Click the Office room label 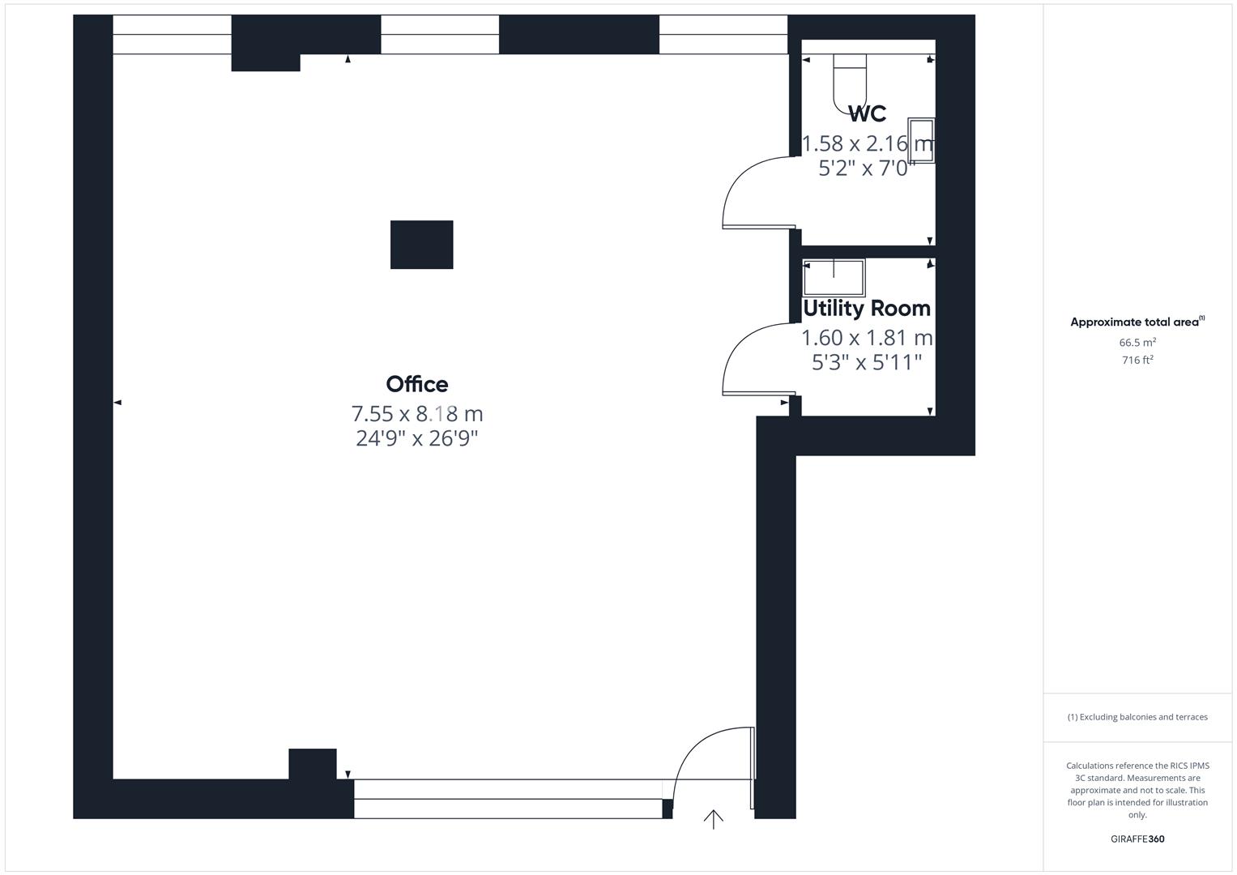pyautogui.click(x=416, y=384)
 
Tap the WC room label pyautogui.click(x=867, y=113)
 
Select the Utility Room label pyautogui.click(x=866, y=309)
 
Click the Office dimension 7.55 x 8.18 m pyautogui.click(x=416, y=414)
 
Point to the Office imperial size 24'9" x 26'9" pyautogui.click(x=416, y=438)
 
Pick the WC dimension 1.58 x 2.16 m pyautogui.click(x=867, y=144)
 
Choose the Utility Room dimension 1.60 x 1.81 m pyautogui.click(x=866, y=337)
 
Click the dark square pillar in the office pyautogui.click(x=421, y=245)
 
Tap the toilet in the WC pyautogui.click(x=850, y=79)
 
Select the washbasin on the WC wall pyautogui.click(x=921, y=140)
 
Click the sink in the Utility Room pyautogui.click(x=833, y=278)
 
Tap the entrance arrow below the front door pyautogui.click(x=713, y=819)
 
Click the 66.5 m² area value pyautogui.click(x=1137, y=343)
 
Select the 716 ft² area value pyautogui.click(x=1137, y=361)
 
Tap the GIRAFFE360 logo pyautogui.click(x=1137, y=839)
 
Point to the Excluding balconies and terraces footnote pyautogui.click(x=1137, y=717)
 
